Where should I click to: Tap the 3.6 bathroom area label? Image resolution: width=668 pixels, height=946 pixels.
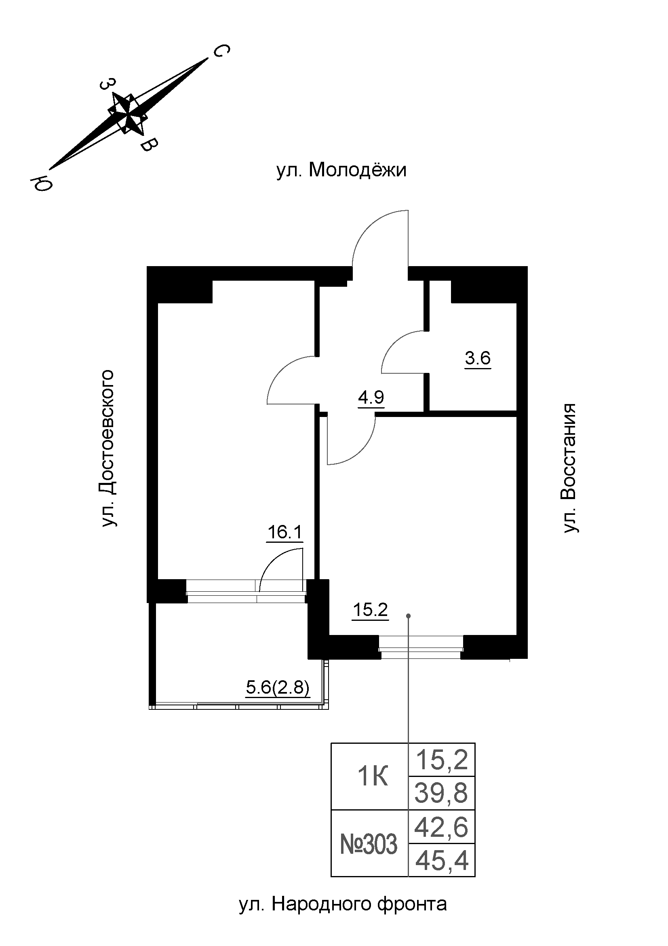(477, 358)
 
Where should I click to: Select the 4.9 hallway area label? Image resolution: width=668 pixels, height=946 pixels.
(371, 398)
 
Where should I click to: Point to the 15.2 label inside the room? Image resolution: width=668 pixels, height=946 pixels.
(371, 610)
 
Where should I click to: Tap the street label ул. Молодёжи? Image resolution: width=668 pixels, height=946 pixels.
(341, 170)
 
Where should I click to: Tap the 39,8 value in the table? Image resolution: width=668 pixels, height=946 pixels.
(441, 794)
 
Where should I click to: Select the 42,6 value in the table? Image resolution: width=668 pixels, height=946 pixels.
(441, 827)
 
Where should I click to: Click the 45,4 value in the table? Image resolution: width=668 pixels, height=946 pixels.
(442, 861)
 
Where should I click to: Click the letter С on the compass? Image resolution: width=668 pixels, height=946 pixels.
(221, 51)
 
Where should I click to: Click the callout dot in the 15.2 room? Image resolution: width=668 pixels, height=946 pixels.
(408, 616)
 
